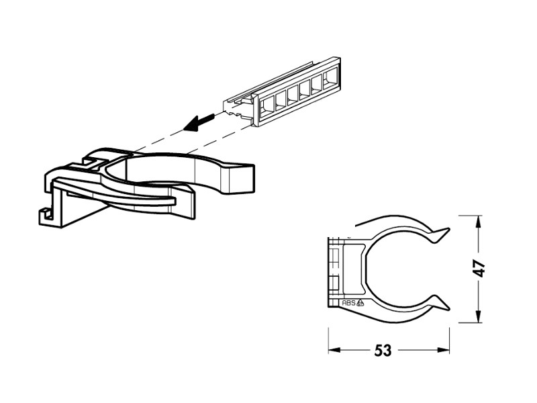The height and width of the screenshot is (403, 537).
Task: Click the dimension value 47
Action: pyautogui.click(x=480, y=269)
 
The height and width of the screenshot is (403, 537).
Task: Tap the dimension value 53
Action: pyautogui.click(x=383, y=351)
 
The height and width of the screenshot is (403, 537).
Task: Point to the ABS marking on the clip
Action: pyautogui.click(x=348, y=303)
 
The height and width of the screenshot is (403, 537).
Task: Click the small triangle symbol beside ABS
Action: pyautogui.click(x=360, y=303)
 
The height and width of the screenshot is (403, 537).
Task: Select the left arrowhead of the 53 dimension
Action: pyautogui.click(x=334, y=350)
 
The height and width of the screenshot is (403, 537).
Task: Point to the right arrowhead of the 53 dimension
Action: pyautogui.click(x=443, y=350)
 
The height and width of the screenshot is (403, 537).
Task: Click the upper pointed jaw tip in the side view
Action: pyautogui.click(x=448, y=228)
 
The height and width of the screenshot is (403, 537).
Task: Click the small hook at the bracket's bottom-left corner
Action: pyautogui.click(x=45, y=216)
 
